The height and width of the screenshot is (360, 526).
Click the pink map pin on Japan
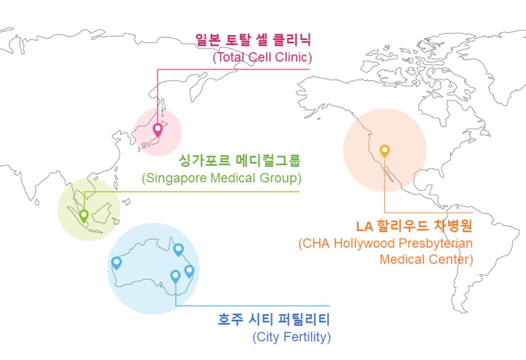(x=158, y=129)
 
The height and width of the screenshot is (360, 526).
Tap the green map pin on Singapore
(x=84, y=215)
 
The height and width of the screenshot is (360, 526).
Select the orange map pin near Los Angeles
(x=385, y=151)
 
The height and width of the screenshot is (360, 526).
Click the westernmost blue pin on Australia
(x=116, y=263)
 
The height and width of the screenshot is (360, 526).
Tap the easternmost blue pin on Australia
(x=189, y=271)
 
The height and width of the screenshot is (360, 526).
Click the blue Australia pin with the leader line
(x=176, y=276)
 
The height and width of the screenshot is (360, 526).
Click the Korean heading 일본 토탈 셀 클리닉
(x=253, y=40)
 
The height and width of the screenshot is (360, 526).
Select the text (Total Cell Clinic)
(x=262, y=57)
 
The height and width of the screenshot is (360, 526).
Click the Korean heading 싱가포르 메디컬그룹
(x=240, y=161)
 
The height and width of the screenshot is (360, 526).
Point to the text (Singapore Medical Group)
(x=221, y=178)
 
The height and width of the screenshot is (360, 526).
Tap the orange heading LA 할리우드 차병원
(x=414, y=226)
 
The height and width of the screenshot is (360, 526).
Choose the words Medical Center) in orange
(x=426, y=259)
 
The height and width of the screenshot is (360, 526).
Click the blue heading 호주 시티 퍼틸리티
(x=274, y=319)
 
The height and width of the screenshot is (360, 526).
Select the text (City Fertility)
(x=291, y=337)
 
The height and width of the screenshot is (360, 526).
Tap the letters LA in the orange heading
(x=364, y=227)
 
